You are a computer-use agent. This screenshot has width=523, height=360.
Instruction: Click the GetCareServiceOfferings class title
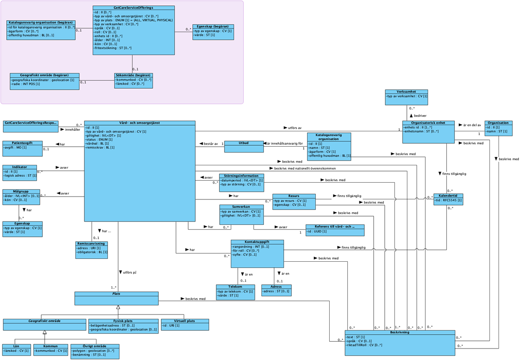point(133,8)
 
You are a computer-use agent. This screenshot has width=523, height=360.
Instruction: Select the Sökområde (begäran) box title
point(133,75)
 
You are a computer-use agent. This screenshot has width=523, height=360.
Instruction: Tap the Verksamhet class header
point(406,92)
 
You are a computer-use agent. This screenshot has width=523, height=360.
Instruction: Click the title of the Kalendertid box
point(448,196)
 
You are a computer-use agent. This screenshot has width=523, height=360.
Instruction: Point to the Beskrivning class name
point(399,332)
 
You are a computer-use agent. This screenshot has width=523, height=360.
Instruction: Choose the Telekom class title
point(235,287)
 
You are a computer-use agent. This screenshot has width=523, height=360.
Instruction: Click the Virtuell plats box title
point(185,321)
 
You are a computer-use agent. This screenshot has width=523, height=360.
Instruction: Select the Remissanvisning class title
point(92,244)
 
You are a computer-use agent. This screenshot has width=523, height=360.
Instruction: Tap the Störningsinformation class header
point(241,176)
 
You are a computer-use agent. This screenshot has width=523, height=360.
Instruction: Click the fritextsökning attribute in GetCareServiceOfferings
point(113,48)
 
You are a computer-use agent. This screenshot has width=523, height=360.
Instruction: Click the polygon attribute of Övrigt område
point(94,350)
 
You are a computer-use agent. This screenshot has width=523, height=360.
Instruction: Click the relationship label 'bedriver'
point(420,116)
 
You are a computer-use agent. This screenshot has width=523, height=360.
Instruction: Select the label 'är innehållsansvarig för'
point(286,143)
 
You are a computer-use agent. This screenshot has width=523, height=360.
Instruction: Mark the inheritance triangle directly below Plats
point(118,307)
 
